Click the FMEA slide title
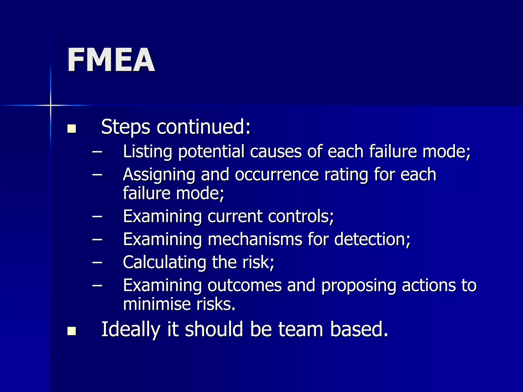[111, 60]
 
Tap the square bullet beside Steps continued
[72, 129]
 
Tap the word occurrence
[277, 175]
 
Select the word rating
[346, 175]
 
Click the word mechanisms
[255, 239]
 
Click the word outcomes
[244, 285]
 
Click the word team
[301, 329]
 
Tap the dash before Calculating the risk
[97, 262]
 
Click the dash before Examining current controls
[97, 216]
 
